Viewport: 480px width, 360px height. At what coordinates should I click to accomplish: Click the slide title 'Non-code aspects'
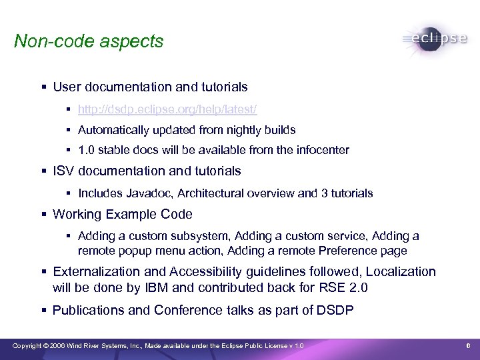point(88,41)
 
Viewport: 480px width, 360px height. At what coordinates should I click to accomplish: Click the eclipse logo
point(435,39)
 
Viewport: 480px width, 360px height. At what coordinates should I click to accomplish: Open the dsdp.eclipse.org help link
point(167,109)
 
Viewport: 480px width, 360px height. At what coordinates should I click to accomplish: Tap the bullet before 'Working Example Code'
point(43,215)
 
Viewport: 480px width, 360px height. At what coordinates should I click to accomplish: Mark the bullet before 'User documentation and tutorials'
point(43,87)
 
